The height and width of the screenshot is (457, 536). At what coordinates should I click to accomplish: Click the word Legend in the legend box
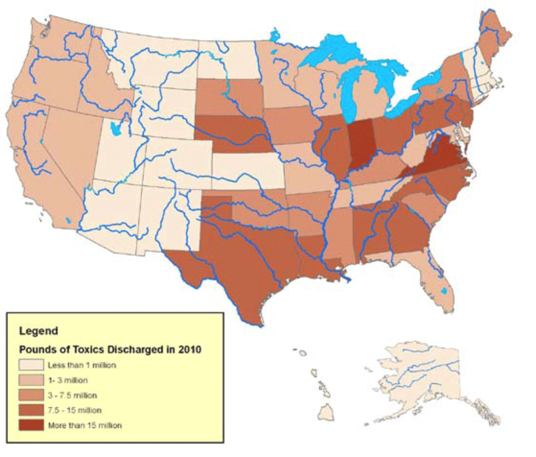point(38,331)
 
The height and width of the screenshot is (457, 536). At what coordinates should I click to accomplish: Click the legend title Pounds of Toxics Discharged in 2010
point(110,349)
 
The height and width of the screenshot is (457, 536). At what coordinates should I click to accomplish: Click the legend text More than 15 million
point(85,425)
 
